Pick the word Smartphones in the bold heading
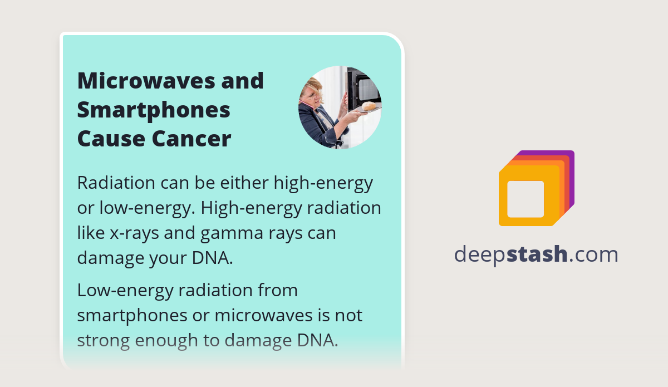coord(154,110)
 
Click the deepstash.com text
coord(536,254)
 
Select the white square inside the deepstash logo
coord(525,199)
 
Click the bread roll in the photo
coord(369,106)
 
